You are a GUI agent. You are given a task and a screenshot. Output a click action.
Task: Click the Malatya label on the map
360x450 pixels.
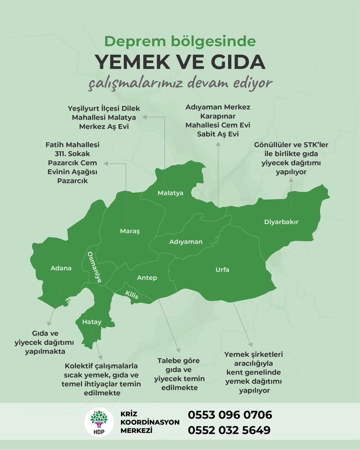coord(170,193)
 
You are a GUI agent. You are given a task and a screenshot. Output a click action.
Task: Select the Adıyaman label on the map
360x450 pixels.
coord(186,242)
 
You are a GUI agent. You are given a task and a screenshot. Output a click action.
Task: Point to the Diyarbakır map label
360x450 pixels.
coord(281,222)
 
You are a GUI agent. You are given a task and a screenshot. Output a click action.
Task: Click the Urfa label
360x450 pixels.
coord(222,270)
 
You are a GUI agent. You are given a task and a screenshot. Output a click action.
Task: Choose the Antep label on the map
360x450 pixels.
coord(147,278)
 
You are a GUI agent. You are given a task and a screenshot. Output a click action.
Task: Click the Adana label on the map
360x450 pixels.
coord(61,268)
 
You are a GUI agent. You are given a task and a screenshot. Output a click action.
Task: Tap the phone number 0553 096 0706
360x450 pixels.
coord(229,415)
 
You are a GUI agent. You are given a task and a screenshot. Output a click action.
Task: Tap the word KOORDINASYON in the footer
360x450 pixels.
coord(150,422)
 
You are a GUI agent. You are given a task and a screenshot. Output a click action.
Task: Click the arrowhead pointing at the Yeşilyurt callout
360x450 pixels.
coord(147,117)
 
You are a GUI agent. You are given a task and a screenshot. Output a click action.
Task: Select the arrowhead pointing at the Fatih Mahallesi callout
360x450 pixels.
coord(106,163)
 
